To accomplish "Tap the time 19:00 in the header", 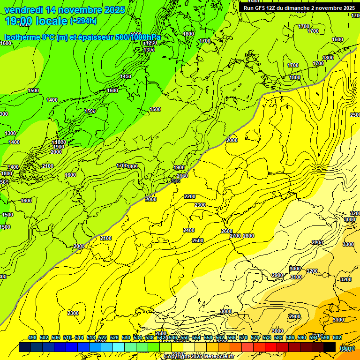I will [19, 21].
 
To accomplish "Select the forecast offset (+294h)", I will [83, 21].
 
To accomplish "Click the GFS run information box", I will [299, 7].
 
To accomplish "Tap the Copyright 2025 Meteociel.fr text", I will [199, 357].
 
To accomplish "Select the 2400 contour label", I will [189, 230].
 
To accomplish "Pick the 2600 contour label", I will [227, 231].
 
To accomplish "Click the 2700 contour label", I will [235, 236].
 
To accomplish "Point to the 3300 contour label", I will [348, 244].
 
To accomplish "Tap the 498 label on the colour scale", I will [32, 337].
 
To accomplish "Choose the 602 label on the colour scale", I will [337, 337].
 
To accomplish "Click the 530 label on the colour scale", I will [126, 337].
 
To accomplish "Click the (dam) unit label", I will [347, 347].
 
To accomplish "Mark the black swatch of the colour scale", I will [330, 347].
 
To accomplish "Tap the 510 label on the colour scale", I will [67, 337].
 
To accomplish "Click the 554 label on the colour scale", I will [196, 337].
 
